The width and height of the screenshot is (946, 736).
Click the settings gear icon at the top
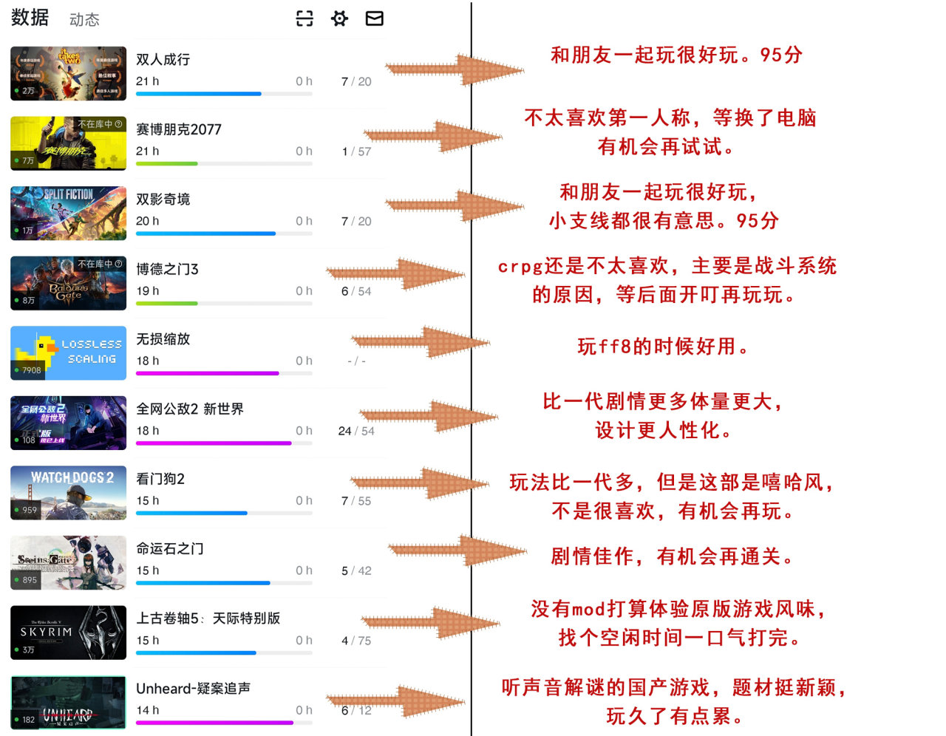[x=339, y=18]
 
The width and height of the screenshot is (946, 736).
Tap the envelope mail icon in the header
[x=375, y=18]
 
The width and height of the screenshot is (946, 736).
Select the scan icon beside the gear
[x=304, y=18]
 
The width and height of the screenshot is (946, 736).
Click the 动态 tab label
[x=84, y=20]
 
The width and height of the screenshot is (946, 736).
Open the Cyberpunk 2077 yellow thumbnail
[x=68, y=143]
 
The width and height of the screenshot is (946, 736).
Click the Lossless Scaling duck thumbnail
[x=68, y=353]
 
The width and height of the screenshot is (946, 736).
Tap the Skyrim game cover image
[x=68, y=633]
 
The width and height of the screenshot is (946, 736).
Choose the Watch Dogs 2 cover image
[x=68, y=493]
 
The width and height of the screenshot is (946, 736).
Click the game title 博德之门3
[x=167, y=269]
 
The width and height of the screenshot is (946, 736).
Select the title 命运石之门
[x=170, y=548]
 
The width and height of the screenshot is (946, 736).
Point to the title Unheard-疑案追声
[x=193, y=688]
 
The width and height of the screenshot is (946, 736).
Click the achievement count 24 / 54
[x=356, y=431]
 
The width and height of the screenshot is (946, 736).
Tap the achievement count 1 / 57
[x=356, y=151]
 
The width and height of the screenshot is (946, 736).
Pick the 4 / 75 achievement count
[x=356, y=641]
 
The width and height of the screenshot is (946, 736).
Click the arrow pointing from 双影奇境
[x=454, y=206]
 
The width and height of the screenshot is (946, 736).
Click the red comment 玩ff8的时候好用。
[x=663, y=347]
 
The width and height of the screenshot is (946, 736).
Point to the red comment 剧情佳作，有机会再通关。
[x=672, y=556]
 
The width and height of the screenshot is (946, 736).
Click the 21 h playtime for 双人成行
[x=147, y=81]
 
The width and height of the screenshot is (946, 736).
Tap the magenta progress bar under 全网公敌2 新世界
[x=214, y=443]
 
